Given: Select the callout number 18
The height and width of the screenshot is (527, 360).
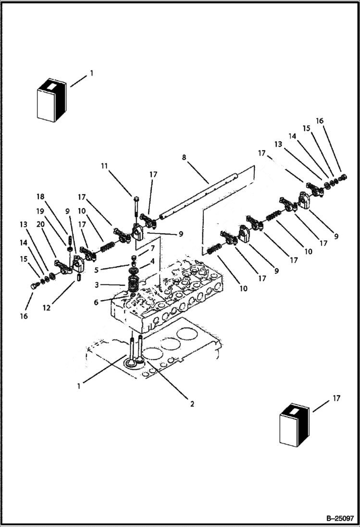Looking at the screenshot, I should tap(40, 196).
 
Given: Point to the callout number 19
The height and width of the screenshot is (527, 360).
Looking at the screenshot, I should tap(40, 210).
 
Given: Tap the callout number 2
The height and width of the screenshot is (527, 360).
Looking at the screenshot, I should tap(192, 404).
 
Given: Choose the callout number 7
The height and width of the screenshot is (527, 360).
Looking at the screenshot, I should tap(152, 248).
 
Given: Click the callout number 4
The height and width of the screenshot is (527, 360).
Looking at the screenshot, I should tap(152, 261).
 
